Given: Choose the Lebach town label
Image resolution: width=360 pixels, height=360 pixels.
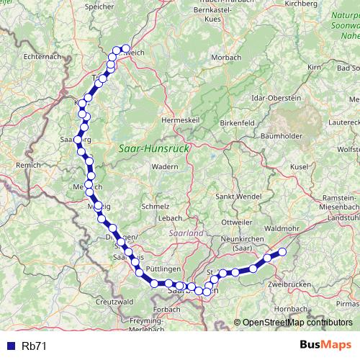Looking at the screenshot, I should (x=171, y=217).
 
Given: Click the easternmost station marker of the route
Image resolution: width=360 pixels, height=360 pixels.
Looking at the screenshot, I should (x=282, y=252).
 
